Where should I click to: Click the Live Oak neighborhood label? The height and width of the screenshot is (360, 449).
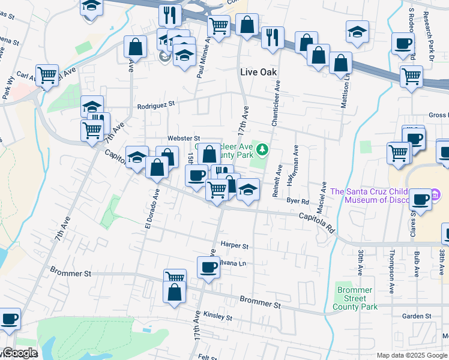pos(257,72)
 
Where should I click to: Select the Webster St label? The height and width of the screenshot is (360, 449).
pos(182,139)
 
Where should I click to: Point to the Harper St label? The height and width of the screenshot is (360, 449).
pos(234,245)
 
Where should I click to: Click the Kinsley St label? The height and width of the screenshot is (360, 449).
pos(217,316)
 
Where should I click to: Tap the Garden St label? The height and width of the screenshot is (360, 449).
pos(417,316)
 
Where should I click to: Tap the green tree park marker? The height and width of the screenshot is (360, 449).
pos(262,148)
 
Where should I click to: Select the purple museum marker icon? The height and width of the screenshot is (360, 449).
pos(436,195)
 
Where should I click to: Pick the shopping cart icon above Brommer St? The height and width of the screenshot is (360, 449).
pos(175,277)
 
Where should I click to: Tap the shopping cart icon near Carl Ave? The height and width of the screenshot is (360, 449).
pos(47,74)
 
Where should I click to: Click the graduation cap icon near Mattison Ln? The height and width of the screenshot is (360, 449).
pos(357,31)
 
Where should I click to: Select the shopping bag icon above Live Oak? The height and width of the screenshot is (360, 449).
pos(247,25)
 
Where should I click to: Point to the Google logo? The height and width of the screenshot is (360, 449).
pos(19,353)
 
